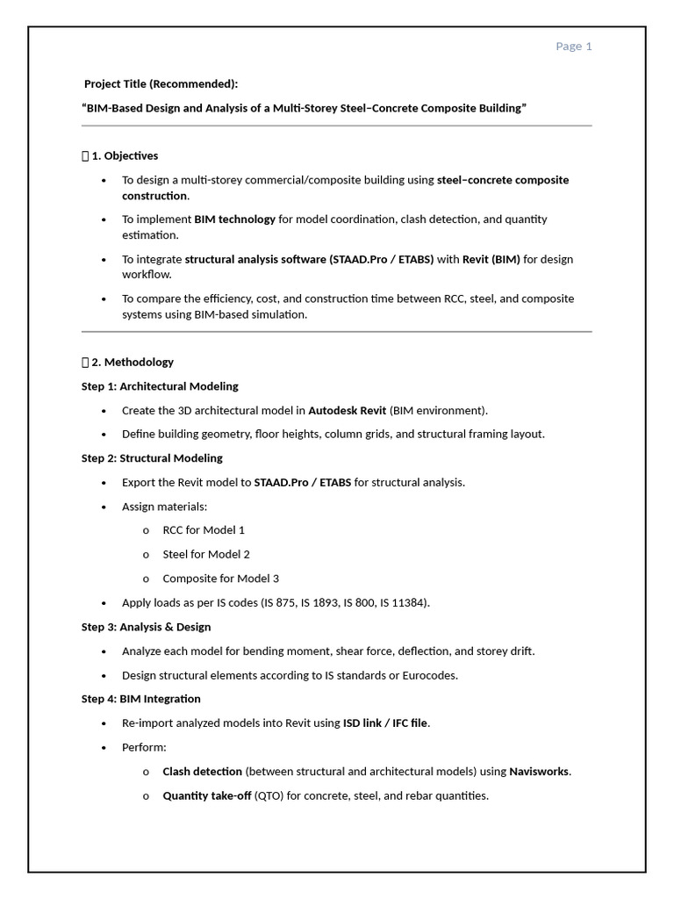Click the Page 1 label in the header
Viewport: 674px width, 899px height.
coord(574,47)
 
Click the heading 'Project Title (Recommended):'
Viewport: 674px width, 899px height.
coord(161,84)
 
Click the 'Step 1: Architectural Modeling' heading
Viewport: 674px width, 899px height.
coord(160,386)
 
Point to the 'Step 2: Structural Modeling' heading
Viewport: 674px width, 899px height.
coord(152,458)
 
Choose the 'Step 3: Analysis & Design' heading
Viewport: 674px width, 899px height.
coord(146,627)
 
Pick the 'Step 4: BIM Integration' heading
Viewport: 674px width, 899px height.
coord(141,699)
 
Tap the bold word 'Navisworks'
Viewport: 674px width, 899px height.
coord(539,772)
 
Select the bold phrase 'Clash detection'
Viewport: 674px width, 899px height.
coord(203,772)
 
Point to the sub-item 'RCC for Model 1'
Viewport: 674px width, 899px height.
coord(204,530)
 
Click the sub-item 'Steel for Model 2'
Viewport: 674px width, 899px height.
coord(206,554)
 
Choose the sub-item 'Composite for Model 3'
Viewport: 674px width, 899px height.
coord(221,579)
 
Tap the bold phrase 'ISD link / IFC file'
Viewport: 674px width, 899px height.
coord(385,723)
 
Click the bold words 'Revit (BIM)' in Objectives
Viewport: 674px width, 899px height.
coord(491,259)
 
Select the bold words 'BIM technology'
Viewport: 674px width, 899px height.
coord(234,219)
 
